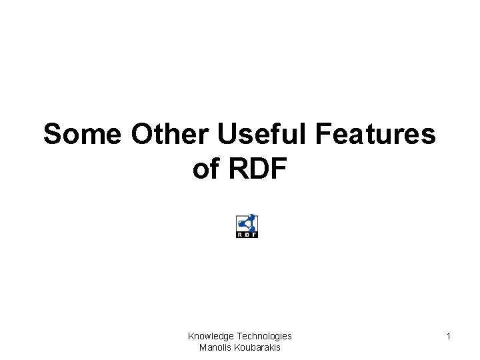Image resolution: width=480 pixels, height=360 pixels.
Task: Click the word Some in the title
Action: click(83, 135)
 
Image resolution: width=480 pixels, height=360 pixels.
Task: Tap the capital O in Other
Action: click(143, 135)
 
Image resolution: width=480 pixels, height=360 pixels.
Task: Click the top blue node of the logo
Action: click(251, 217)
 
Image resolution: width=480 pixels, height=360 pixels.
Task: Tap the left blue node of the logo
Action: click(241, 225)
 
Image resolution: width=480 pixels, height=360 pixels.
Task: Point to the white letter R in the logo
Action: click(240, 235)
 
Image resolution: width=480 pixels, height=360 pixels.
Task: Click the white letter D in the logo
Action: click(247, 235)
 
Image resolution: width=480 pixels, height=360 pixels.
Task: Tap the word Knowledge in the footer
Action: click(211, 337)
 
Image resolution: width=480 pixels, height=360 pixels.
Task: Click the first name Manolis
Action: click(215, 347)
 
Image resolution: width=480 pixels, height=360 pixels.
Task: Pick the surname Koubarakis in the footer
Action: click(256, 347)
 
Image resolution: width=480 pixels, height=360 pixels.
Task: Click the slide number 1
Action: click(449, 337)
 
